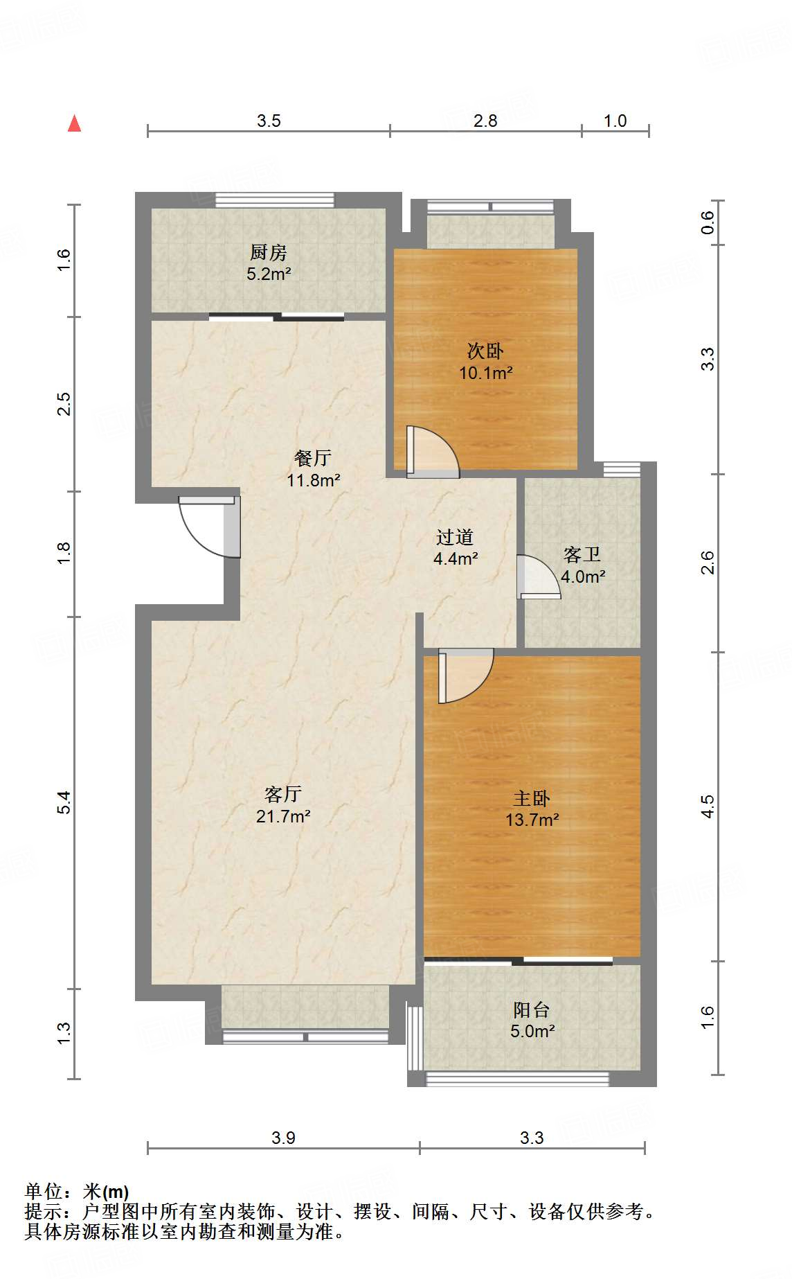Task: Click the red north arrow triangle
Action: (x=74, y=123)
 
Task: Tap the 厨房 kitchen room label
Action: (x=269, y=252)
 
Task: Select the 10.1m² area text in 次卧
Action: (x=485, y=373)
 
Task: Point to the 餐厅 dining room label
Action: (x=313, y=457)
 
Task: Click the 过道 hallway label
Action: (x=455, y=537)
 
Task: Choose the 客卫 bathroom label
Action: (x=582, y=554)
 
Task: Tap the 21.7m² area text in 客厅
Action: (x=283, y=816)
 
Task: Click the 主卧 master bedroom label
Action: (x=532, y=798)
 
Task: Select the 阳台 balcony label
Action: (x=532, y=1009)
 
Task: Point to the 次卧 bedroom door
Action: (x=433, y=451)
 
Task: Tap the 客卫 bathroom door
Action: (x=539, y=576)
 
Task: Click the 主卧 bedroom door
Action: (x=465, y=676)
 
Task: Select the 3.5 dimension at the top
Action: (x=269, y=121)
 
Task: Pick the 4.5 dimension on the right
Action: (x=707, y=806)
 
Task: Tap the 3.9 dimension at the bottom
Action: (x=283, y=1138)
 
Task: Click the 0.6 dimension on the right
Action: (x=707, y=222)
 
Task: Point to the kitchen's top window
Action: (x=275, y=200)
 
